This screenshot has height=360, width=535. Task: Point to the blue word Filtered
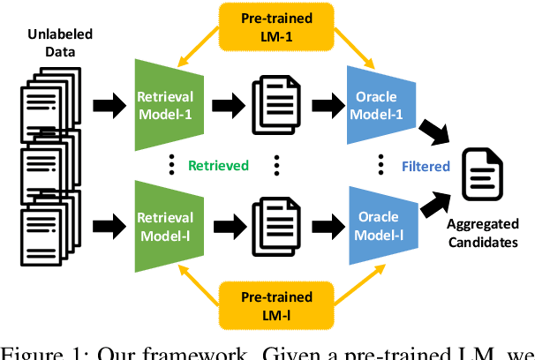[x=427, y=165]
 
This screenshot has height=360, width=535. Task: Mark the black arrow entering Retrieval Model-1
[x=105, y=95]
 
